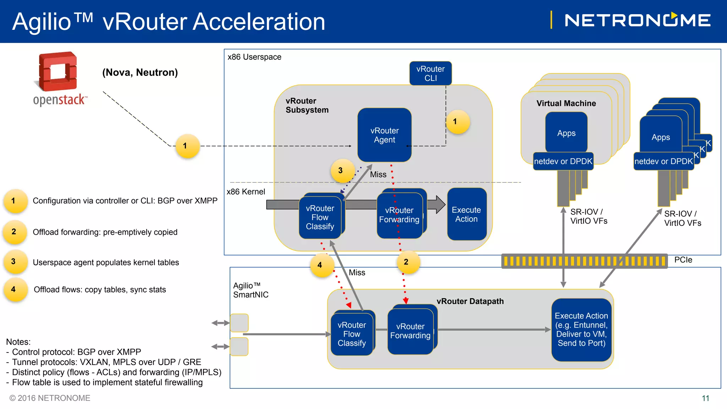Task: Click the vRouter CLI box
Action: click(430, 73)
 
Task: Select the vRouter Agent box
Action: click(384, 135)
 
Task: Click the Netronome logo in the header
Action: click(637, 20)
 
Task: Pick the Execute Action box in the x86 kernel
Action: click(466, 214)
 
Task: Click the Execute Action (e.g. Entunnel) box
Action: click(581, 329)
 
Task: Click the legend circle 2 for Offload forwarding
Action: click(14, 232)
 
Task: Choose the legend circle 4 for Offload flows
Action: click(14, 290)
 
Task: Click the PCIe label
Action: click(683, 260)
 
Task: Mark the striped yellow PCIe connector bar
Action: click(584, 261)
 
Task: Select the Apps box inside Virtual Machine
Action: click(566, 133)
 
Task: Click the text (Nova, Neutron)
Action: click(140, 72)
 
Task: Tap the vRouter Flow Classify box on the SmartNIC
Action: click(351, 334)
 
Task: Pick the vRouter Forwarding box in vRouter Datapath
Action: click(410, 331)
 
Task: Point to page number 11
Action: click(705, 398)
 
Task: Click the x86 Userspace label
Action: click(254, 57)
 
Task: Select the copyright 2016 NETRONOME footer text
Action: click(50, 398)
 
